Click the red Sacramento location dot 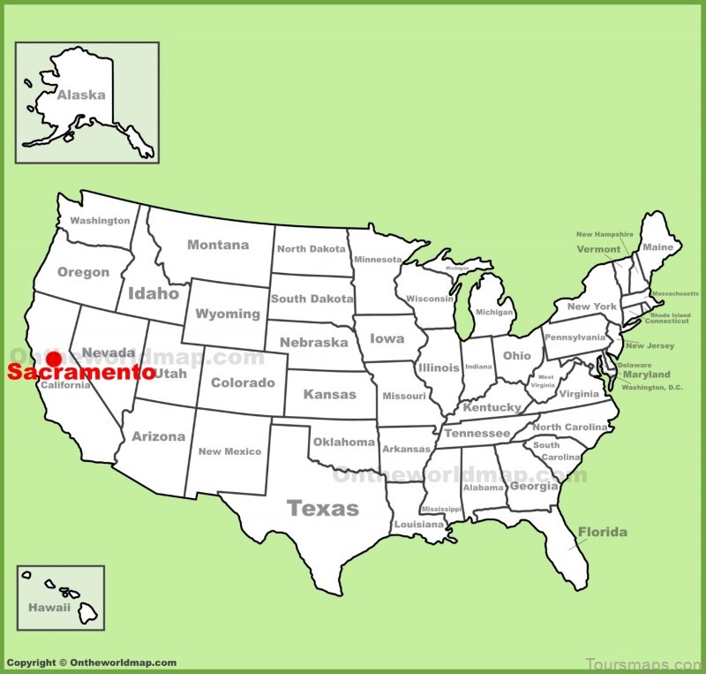[53, 359]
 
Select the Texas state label [323, 508]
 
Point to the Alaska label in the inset [81, 95]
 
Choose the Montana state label [218, 245]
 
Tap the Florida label [603, 532]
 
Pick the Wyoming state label [228, 314]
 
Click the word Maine [657, 247]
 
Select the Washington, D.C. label [653, 387]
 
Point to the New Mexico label [229, 451]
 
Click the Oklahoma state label [344, 442]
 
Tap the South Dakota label [312, 299]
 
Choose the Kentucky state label [492, 407]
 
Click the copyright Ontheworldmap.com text [92, 663]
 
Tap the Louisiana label [419, 525]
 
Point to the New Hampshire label [605, 234]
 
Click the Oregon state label [83, 272]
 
